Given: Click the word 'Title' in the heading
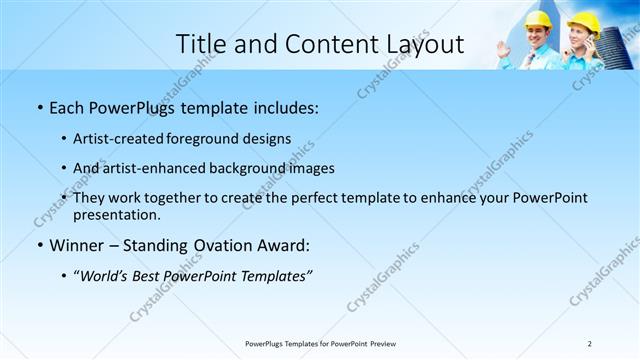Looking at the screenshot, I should [201, 44].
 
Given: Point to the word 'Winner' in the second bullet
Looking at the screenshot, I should [78, 245].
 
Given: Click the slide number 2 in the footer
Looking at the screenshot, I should [589, 343].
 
